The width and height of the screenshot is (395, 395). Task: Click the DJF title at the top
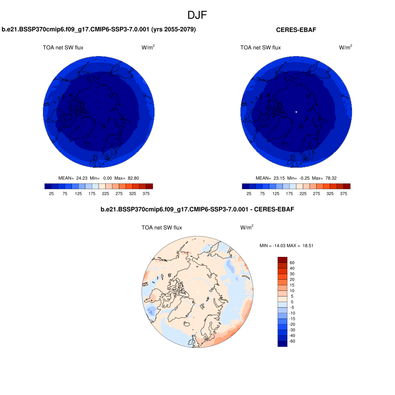coord(197,15)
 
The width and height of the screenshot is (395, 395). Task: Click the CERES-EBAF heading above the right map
coord(296,30)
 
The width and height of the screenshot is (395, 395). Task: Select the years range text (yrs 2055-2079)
coord(174,29)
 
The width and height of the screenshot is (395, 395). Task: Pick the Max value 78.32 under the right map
coord(330,178)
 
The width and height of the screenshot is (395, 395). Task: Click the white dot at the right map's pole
coord(296,112)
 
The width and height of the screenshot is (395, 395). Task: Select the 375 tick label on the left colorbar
coord(146,194)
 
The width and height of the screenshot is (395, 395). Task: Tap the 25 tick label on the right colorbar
coord(249,194)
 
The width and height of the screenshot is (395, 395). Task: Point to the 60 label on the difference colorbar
coord(292,263)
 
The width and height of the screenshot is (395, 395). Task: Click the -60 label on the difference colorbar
coord(292,341)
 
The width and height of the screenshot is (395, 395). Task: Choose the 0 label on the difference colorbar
coord(292,302)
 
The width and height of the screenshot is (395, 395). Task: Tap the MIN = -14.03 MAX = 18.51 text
coord(286,245)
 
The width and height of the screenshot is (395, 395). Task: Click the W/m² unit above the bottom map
coord(247,228)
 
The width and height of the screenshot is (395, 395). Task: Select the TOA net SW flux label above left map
coord(63,47)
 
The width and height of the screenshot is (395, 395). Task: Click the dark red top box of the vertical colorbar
coord(282,260)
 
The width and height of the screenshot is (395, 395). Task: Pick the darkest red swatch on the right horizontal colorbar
coord(347,186)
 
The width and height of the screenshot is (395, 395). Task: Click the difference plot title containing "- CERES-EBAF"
coord(197,210)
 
